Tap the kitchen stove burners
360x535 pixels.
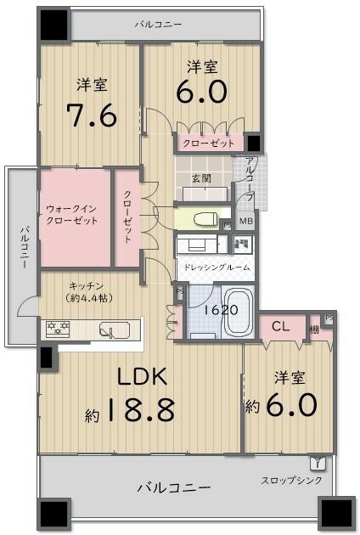(59, 327)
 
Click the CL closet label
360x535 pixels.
(281, 326)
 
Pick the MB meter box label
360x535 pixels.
(245, 222)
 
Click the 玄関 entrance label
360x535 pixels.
(202, 178)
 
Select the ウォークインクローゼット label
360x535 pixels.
(72, 214)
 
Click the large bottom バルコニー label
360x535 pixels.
(174, 487)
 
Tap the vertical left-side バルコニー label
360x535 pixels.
(25, 246)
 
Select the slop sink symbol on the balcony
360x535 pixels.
(318, 463)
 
